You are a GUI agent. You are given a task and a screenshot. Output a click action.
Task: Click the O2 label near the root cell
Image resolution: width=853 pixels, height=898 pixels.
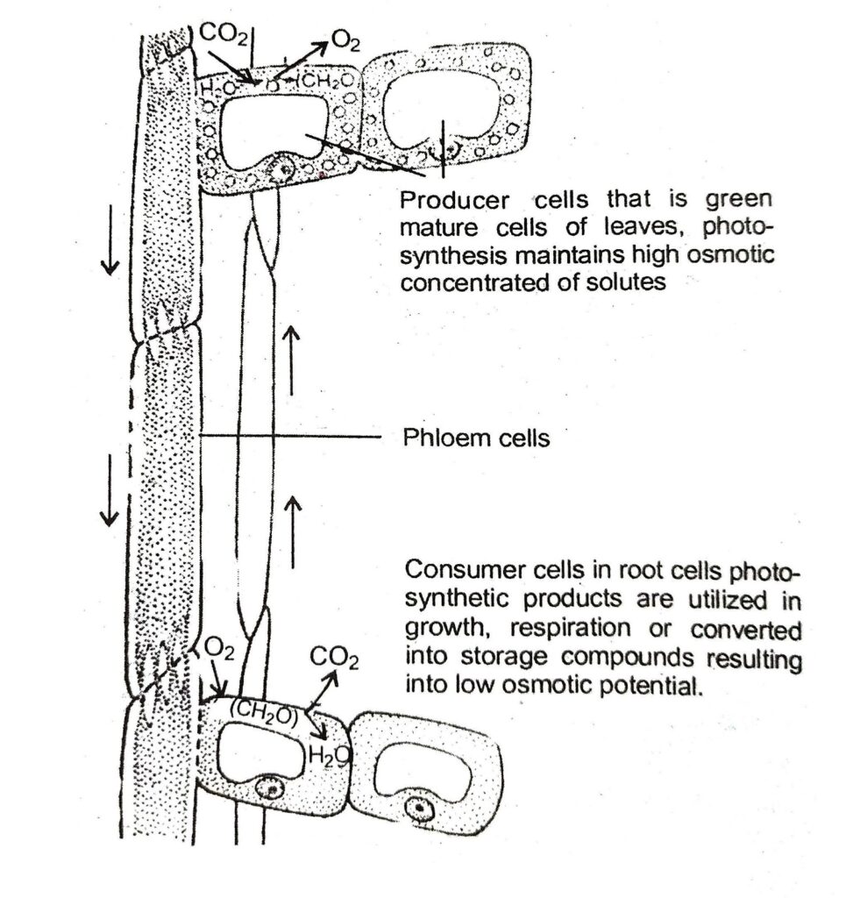[x=218, y=650]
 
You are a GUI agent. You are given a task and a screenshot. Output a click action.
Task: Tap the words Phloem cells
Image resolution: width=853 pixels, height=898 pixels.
[x=476, y=437]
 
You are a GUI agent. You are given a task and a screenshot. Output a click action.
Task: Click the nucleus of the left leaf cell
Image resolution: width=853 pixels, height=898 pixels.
[x=282, y=169]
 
